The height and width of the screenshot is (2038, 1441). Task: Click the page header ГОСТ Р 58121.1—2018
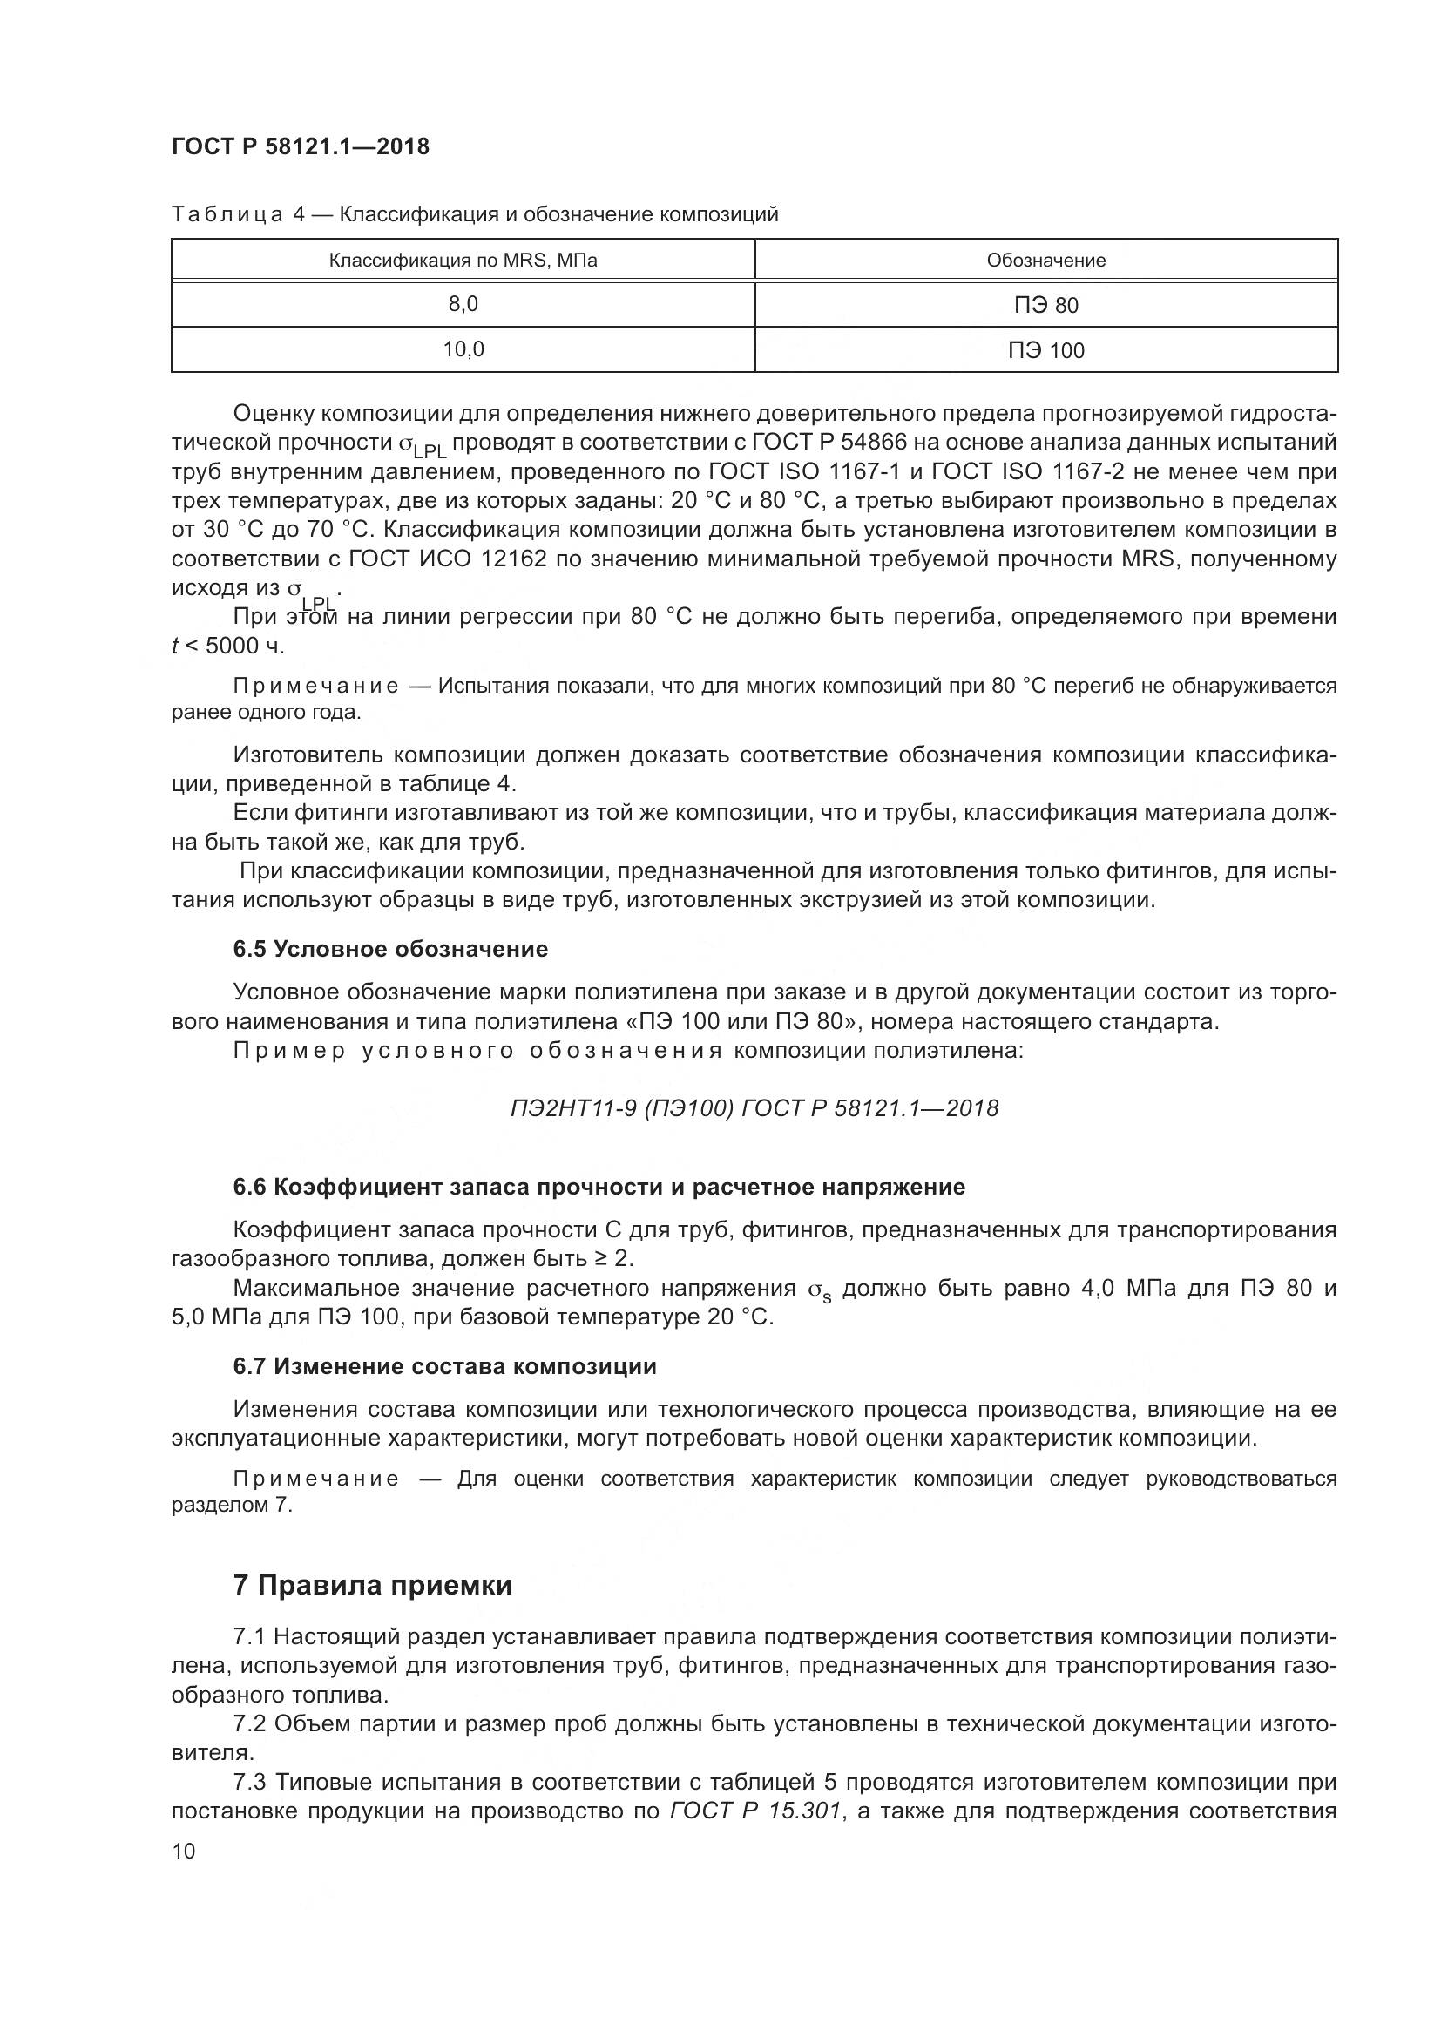tap(300, 146)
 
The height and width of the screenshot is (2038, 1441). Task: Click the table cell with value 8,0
tap(463, 304)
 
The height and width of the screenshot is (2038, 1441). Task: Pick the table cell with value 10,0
tap(463, 349)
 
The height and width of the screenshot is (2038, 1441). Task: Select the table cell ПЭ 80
tap(1046, 306)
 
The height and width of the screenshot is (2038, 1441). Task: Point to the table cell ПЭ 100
tap(1046, 351)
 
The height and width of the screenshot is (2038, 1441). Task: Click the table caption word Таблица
tap(227, 215)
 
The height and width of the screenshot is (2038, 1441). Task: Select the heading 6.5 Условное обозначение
tap(390, 950)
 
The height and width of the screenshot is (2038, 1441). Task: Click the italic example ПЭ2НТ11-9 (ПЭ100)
tap(621, 1108)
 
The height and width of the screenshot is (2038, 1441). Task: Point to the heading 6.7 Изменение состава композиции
tap(444, 1367)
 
